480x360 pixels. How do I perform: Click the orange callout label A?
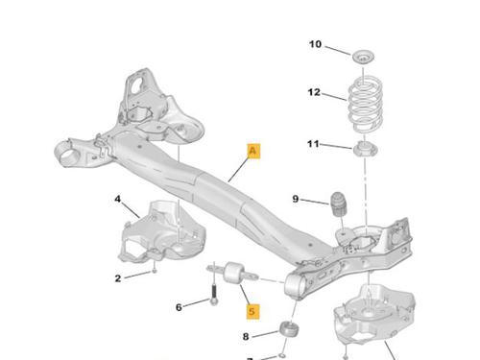(253, 151)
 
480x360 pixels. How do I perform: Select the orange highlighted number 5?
(252, 311)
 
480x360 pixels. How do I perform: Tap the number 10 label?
(315, 44)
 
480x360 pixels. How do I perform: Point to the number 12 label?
(314, 92)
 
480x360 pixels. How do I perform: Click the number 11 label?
(313, 144)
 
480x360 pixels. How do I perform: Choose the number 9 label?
(296, 199)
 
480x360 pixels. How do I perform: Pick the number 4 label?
(118, 199)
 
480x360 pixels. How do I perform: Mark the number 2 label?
(118, 278)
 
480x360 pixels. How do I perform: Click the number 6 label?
(179, 307)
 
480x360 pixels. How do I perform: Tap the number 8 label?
(246, 337)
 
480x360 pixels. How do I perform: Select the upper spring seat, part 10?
(364, 57)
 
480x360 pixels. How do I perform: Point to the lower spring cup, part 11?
(365, 149)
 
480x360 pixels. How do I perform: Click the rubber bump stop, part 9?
(339, 204)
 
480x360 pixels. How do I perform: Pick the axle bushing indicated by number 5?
(233, 273)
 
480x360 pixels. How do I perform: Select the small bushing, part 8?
(290, 329)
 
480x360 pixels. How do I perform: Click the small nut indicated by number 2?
(155, 271)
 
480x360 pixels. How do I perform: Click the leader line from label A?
(238, 170)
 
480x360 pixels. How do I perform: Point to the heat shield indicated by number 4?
(161, 232)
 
